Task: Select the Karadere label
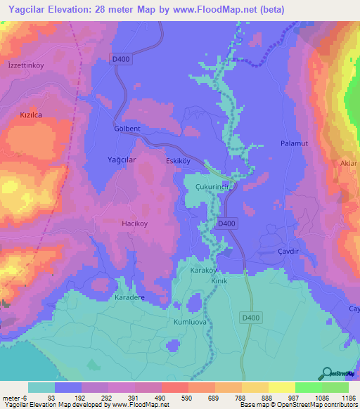tap(129, 297)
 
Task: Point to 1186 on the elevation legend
tap(348, 398)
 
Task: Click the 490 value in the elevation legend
tap(161, 398)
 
